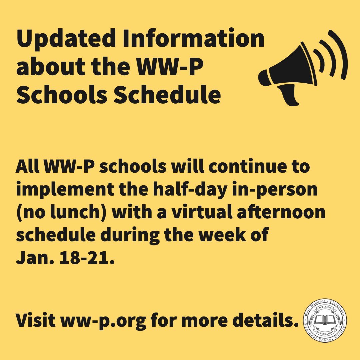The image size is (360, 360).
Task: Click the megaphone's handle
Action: pos(288,97)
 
